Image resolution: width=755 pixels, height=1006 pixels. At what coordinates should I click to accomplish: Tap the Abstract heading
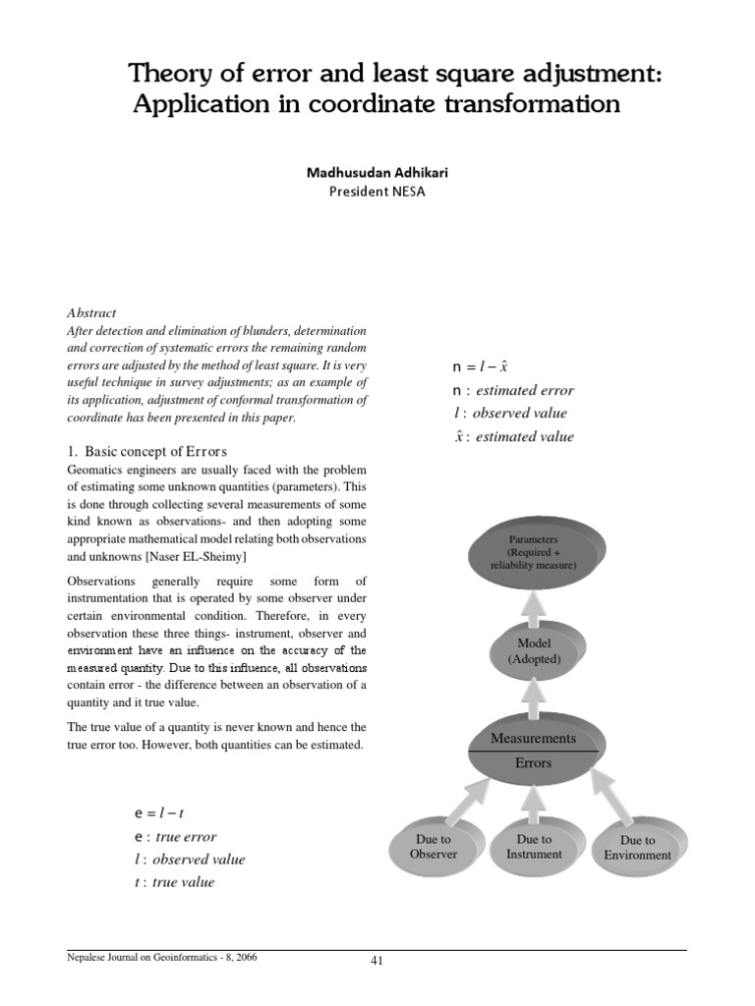coord(91,312)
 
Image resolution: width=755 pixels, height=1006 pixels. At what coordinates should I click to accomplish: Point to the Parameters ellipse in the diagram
coord(533,553)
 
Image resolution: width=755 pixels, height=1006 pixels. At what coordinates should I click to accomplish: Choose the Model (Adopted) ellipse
coord(534,651)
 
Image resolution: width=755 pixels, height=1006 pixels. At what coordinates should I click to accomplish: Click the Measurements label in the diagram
coord(534,737)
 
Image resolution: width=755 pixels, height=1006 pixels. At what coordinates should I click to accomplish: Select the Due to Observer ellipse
coord(434,847)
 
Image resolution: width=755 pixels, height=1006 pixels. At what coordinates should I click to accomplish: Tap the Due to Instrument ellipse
coord(534,847)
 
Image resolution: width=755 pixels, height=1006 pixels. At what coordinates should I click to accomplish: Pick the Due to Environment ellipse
coord(637,848)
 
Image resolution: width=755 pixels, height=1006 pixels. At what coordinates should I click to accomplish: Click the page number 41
coord(376,961)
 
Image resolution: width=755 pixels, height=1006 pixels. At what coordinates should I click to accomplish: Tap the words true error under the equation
coord(185,837)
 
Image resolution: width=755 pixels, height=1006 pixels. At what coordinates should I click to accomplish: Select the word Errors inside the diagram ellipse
coord(534,763)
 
